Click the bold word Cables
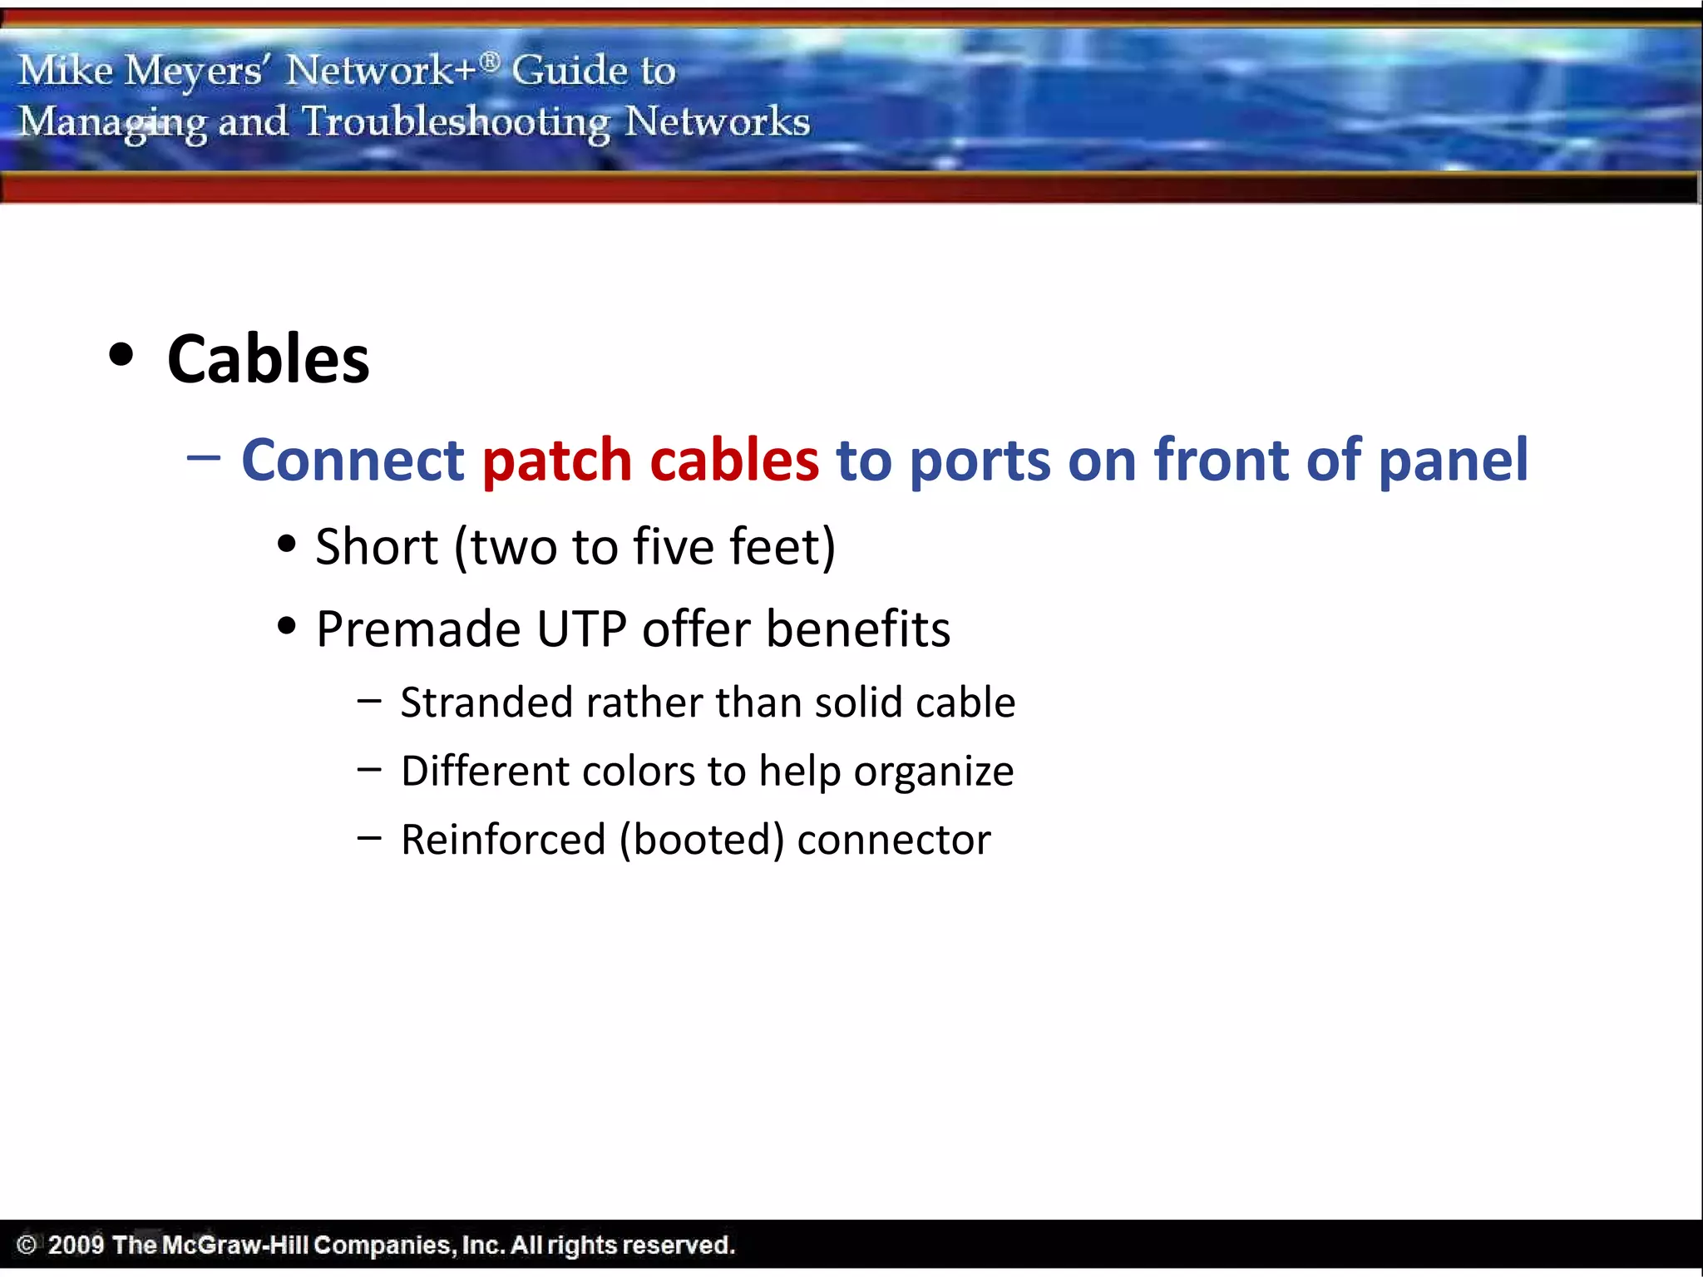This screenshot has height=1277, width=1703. pyautogui.click(x=268, y=359)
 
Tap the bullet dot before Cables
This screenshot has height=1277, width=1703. pyautogui.click(x=121, y=355)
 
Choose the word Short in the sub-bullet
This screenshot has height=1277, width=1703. pyautogui.click(x=377, y=547)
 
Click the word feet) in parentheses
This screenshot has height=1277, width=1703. pyautogui.click(x=782, y=547)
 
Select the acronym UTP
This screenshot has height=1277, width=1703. pyautogui.click(x=581, y=629)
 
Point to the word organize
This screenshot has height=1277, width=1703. pyautogui.click(x=933, y=772)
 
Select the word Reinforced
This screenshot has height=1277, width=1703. pyautogui.click(x=503, y=840)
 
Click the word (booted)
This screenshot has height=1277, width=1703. pyautogui.click(x=701, y=840)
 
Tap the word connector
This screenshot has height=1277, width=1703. pyautogui.click(x=893, y=840)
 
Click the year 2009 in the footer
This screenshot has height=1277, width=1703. pyautogui.click(x=75, y=1245)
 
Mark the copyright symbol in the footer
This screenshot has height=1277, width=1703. pyautogui.click(x=27, y=1245)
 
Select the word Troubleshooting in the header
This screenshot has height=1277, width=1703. pyautogui.click(x=456, y=122)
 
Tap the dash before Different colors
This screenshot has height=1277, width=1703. pyautogui.click(x=369, y=770)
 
